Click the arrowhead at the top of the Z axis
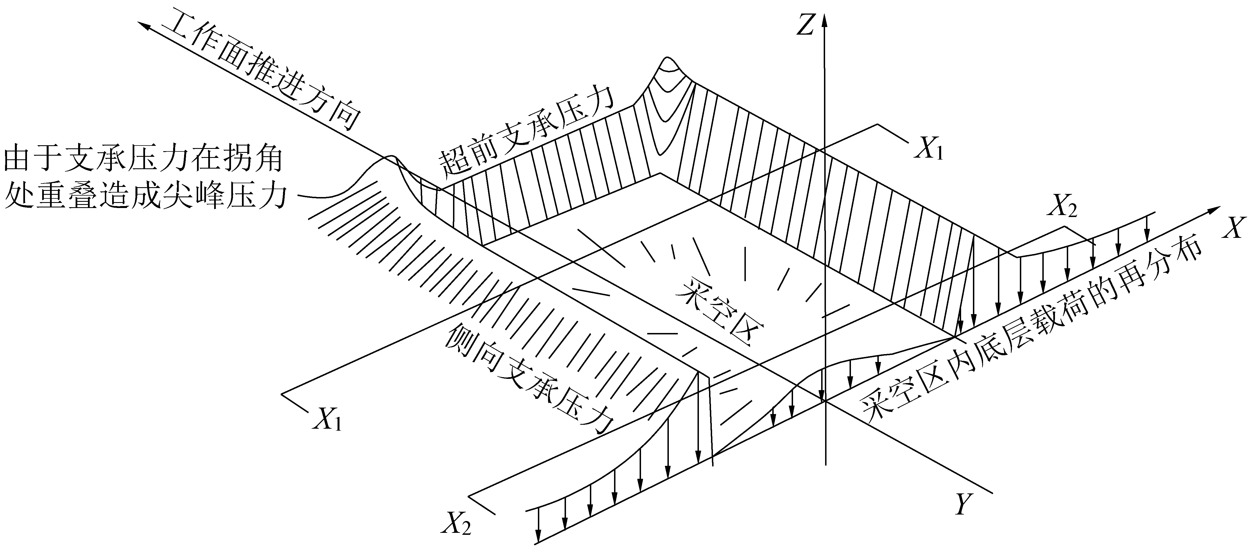(x=825, y=21)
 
